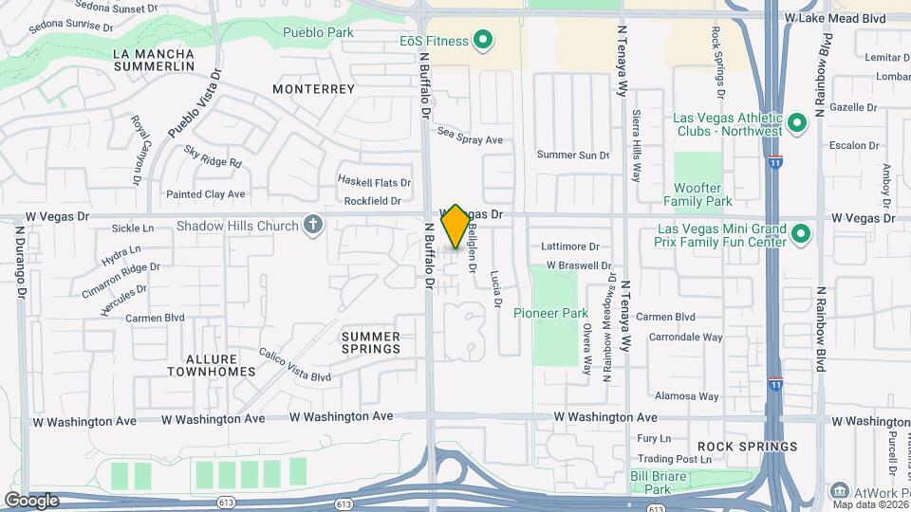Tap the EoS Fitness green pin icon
483,40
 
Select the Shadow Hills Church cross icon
313,226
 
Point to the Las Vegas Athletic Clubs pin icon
796,122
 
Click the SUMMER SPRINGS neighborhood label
371,342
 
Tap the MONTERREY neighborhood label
313,88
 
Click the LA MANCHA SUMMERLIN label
153,61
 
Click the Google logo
31,500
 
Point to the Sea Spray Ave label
470,139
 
